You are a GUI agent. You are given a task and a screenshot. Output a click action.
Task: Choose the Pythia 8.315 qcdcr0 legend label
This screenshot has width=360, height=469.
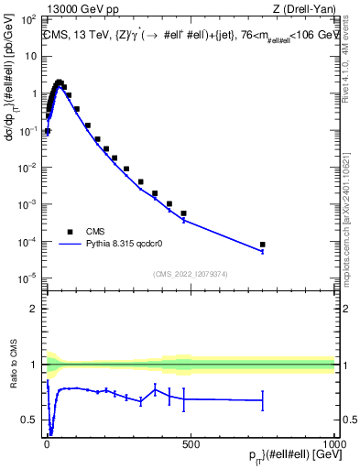coord(125,245)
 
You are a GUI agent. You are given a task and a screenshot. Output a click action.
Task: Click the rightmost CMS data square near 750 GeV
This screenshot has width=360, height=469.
coord(262,245)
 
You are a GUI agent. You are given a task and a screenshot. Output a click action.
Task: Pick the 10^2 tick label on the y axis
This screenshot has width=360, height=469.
coord(28,19)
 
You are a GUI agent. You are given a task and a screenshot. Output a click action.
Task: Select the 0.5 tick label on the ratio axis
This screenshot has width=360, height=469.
coord(28,420)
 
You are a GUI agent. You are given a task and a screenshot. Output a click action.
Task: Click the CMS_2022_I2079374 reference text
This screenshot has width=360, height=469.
coord(189,272)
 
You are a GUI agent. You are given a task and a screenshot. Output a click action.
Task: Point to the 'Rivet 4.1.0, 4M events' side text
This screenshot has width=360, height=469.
coord(350,64)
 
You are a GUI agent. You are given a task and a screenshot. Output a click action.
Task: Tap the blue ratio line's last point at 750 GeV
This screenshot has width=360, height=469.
coord(262,400)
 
